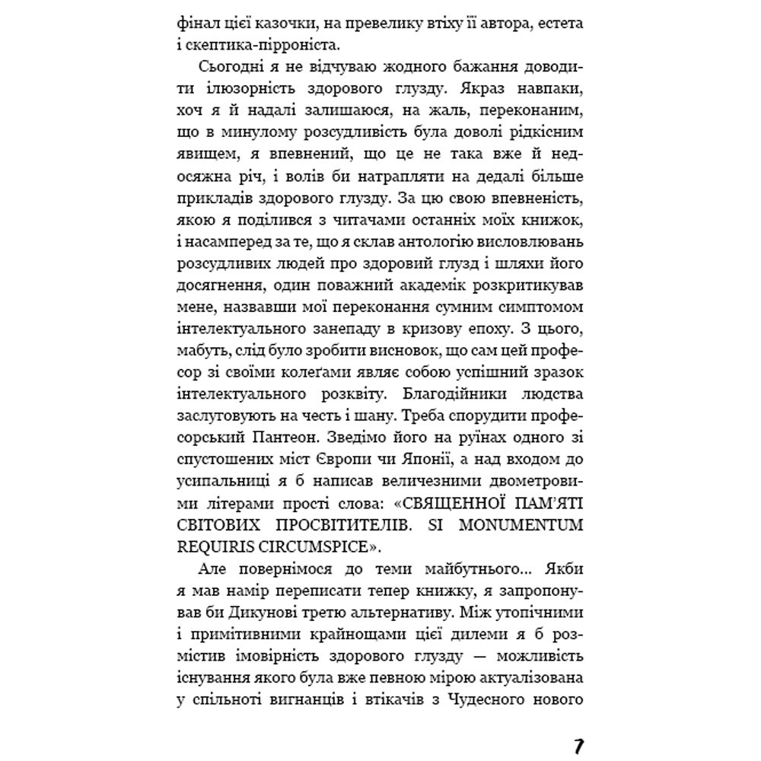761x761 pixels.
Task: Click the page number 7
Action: click(578, 745)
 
